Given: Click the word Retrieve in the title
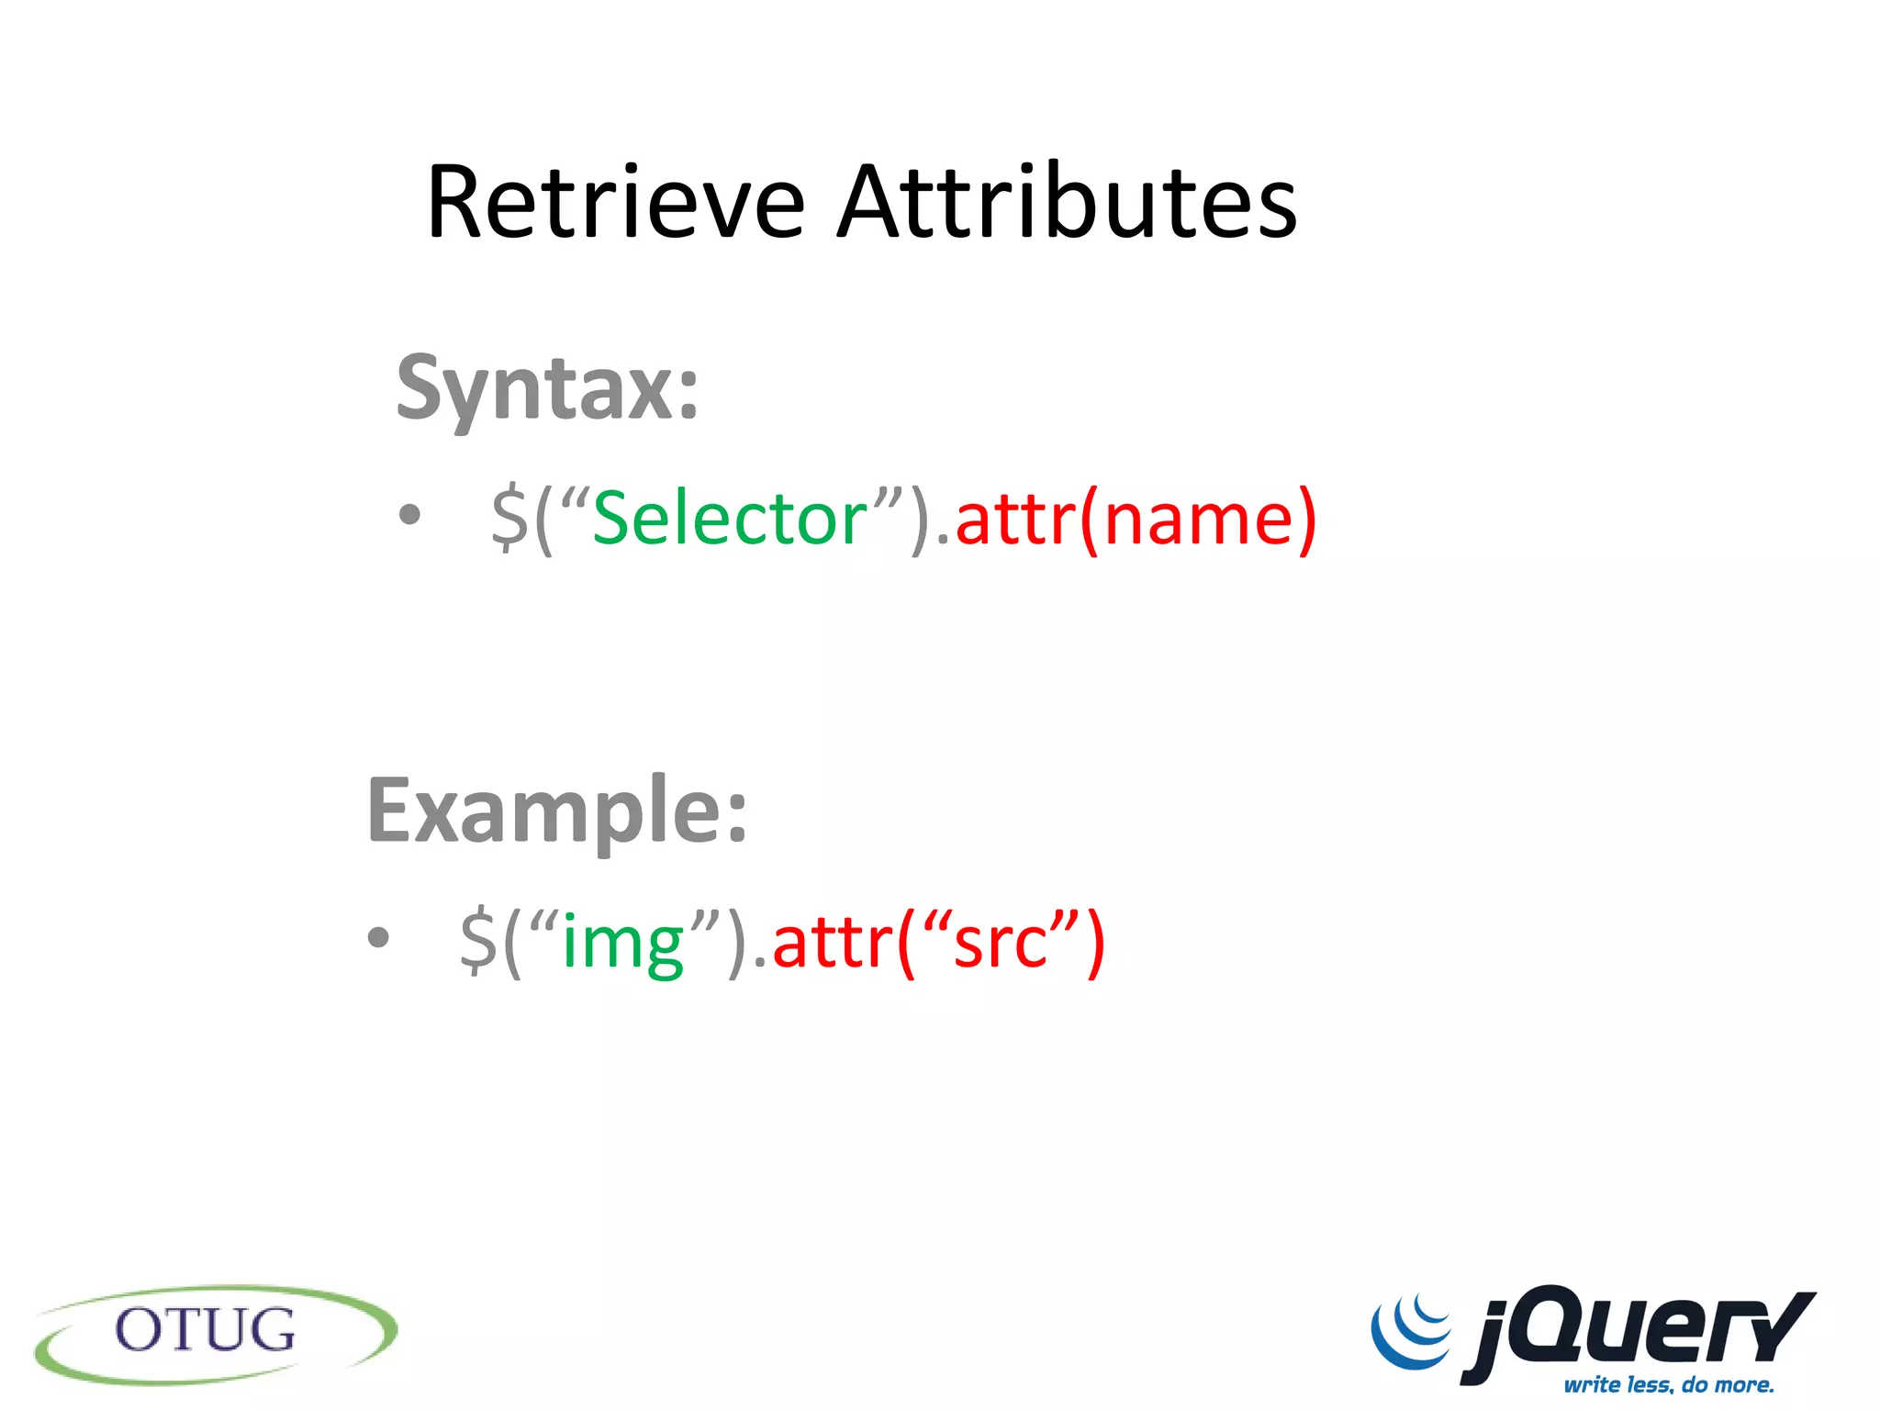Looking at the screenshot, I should [615, 203].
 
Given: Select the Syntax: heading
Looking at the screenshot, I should [547, 389].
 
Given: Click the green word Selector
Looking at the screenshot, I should [730, 519].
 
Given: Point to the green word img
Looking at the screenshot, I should [623, 943].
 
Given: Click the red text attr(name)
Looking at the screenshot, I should [1136, 519].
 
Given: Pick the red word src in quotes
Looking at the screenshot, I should [1001, 943].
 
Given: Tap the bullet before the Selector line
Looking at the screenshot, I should [409, 515].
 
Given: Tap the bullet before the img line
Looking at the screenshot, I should [378, 938].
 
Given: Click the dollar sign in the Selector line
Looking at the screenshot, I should [509, 519].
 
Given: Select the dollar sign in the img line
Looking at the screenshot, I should [478, 943].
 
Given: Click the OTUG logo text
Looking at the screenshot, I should [206, 1330].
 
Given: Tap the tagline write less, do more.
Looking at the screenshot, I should [1669, 1384].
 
